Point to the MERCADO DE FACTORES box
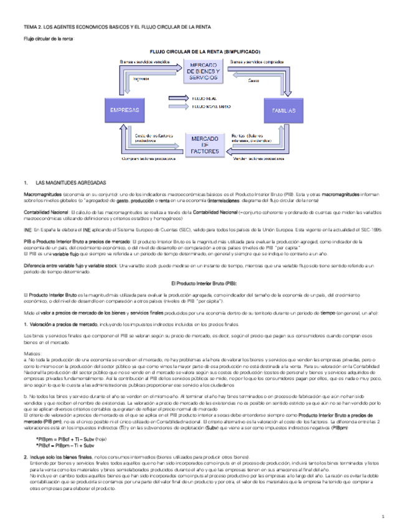point(204,143)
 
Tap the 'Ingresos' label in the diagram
point(141,78)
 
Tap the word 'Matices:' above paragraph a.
point(31,352)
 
